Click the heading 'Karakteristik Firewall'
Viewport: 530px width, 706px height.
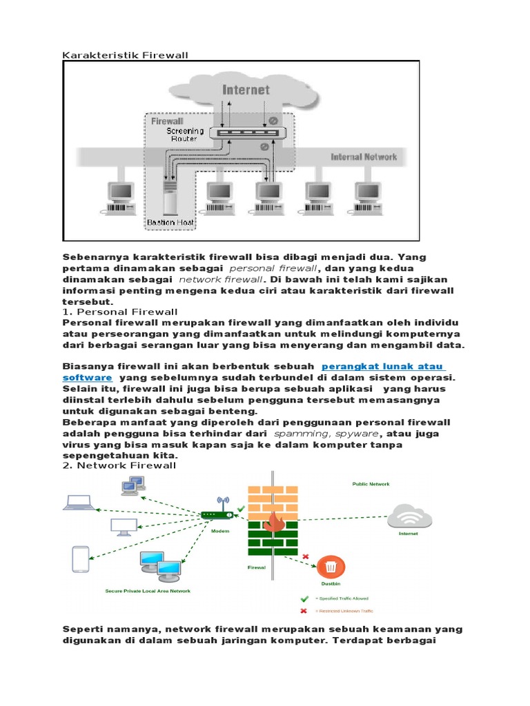[x=125, y=54]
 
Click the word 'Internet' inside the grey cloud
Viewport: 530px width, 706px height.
[x=246, y=90]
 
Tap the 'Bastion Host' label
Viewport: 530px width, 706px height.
[x=170, y=222]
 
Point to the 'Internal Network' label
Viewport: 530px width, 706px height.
[x=364, y=157]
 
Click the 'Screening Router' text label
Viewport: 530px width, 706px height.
[x=185, y=134]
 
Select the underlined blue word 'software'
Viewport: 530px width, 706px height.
[x=88, y=378]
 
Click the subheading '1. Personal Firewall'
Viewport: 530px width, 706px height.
[x=120, y=312]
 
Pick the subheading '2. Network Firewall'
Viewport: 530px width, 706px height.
[x=119, y=465]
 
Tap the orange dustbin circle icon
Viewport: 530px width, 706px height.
[x=331, y=567]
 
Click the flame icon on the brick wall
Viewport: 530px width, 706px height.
[x=273, y=523]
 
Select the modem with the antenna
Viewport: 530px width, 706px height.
[x=222, y=514]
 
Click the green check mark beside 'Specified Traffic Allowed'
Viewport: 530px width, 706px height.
[x=304, y=598]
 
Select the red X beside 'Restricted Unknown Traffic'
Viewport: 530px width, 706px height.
[x=304, y=611]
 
